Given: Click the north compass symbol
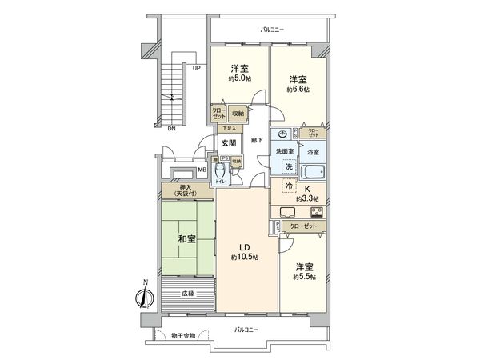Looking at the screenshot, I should [143, 295].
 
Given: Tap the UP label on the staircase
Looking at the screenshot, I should [196, 69].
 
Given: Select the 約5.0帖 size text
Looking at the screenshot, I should [238, 78].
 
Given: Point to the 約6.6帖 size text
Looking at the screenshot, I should [298, 90].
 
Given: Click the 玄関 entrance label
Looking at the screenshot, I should [228, 143].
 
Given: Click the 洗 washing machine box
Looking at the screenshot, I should [287, 166].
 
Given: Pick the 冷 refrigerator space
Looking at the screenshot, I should [288, 186].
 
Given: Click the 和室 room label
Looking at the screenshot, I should [186, 238].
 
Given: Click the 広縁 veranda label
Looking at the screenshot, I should [186, 294].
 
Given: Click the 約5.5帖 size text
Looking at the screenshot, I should [304, 277].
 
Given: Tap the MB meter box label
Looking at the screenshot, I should [202, 169].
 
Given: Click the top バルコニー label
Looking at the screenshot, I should [270, 30].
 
